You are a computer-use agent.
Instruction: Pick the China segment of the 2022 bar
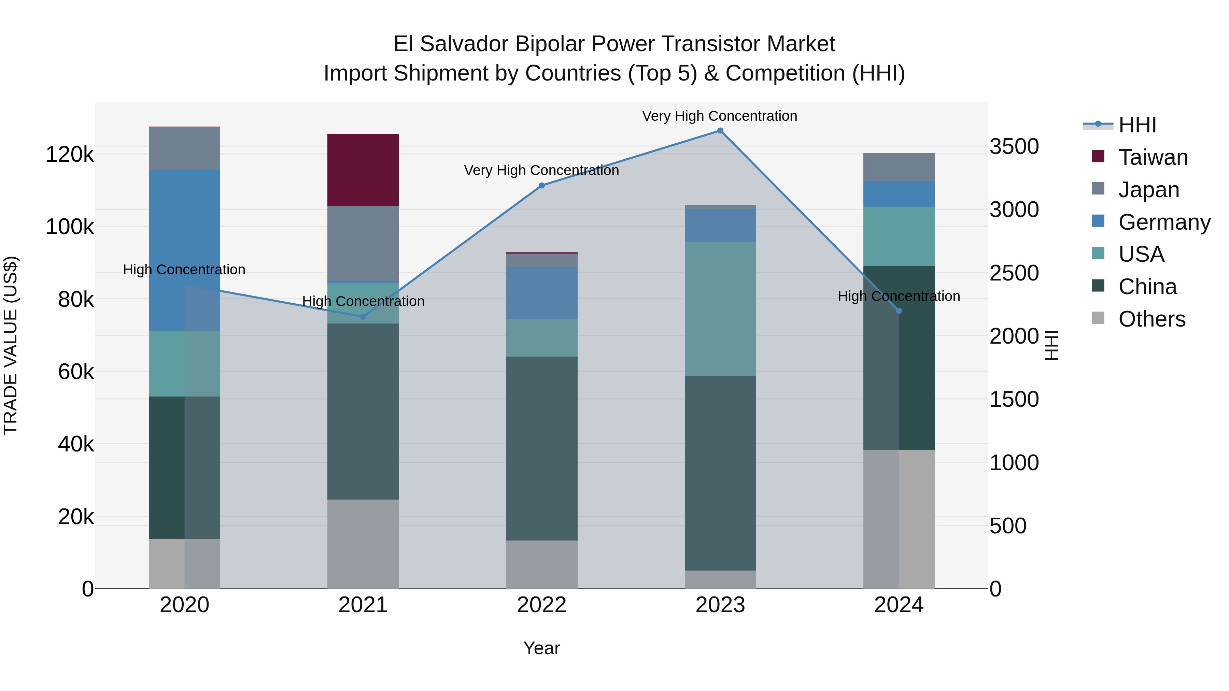click(x=541, y=448)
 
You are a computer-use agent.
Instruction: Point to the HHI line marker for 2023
click(x=720, y=131)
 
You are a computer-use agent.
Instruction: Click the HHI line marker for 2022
click(x=541, y=186)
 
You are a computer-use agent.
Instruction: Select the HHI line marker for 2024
click(x=899, y=311)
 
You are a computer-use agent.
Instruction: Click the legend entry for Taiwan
click(x=1153, y=157)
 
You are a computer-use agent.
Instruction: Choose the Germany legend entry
click(x=1164, y=222)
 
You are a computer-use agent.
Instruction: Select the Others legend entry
click(x=1152, y=319)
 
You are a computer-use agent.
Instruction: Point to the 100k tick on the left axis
click(x=70, y=227)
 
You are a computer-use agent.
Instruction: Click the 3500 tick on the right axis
click(x=1014, y=146)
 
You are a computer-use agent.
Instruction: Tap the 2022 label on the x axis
click(x=541, y=605)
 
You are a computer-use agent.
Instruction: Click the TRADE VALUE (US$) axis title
click(x=11, y=345)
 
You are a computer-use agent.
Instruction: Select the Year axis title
click(x=541, y=648)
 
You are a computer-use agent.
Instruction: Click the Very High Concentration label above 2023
click(x=719, y=116)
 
